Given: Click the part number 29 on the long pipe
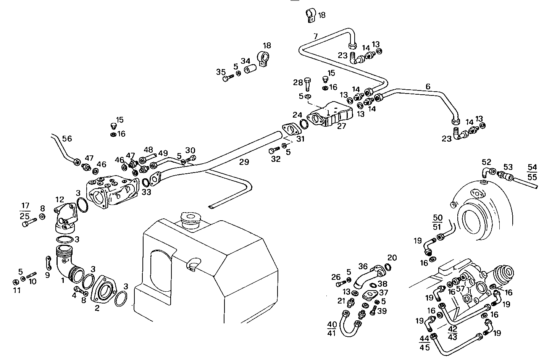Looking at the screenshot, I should [x=244, y=161].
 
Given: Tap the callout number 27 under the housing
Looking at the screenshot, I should [x=341, y=126].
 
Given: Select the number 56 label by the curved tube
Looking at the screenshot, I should [x=67, y=139].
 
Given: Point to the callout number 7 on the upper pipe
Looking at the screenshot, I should [x=315, y=37].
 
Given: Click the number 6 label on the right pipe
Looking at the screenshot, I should [x=428, y=87].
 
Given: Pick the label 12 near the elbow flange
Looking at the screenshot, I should [x=60, y=199].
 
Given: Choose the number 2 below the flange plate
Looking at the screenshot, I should [x=97, y=308].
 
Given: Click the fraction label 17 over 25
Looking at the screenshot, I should [x=25, y=211].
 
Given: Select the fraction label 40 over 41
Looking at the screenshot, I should [x=332, y=329].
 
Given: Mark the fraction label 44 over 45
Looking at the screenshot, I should [x=425, y=342].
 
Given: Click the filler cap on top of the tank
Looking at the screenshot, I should [x=190, y=221].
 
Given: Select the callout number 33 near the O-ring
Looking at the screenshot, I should [x=147, y=192].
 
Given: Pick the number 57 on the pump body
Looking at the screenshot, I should [x=461, y=289].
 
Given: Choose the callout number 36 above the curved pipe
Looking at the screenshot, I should [x=363, y=266].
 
